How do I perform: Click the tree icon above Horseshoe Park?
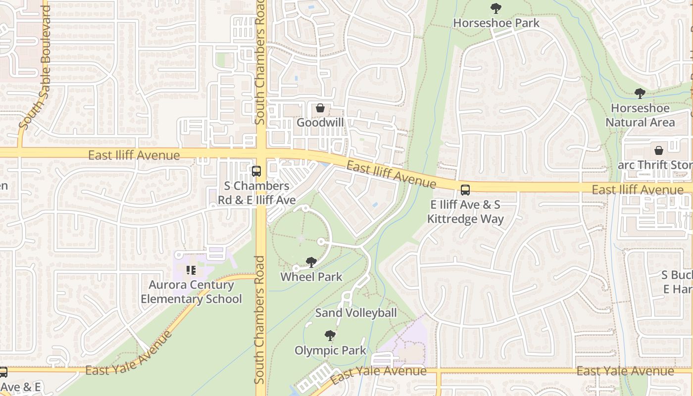(x=495, y=8)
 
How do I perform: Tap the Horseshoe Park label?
(x=496, y=23)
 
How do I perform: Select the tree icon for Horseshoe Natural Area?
(x=640, y=94)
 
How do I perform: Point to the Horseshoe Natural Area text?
(x=640, y=115)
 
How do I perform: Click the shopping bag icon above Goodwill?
(x=320, y=108)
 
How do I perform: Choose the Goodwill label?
(x=320, y=122)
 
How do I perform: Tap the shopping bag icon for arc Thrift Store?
(x=659, y=150)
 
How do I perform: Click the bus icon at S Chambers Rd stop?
(x=256, y=172)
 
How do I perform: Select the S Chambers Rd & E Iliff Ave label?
(x=257, y=193)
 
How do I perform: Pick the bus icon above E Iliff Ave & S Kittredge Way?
(x=465, y=190)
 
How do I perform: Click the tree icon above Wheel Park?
(x=311, y=262)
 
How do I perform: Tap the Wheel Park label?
(x=311, y=277)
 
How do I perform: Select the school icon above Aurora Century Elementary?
(x=191, y=270)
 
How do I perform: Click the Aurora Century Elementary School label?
(x=191, y=292)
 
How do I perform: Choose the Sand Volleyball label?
(x=356, y=313)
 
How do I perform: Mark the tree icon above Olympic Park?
(x=330, y=336)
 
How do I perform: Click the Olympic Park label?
(x=330, y=350)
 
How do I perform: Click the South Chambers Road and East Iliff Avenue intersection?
(x=261, y=153)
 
